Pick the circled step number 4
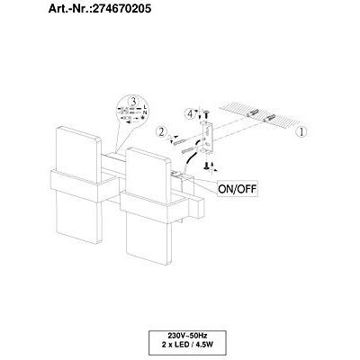click(190, 114)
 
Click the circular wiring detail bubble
click(133, 115)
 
